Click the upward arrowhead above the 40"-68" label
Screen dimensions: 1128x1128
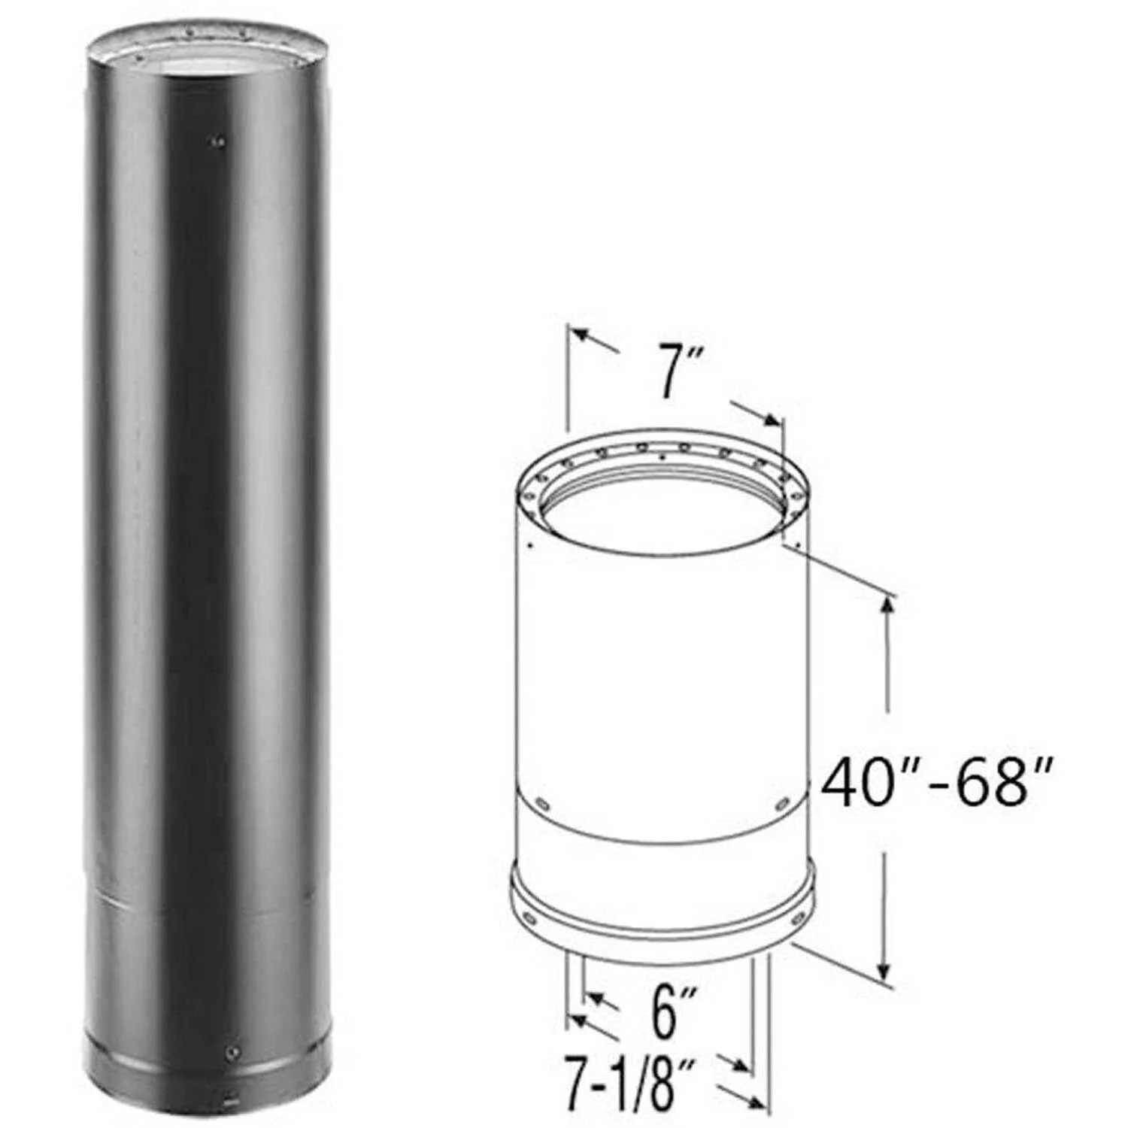[x=888, y=606]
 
